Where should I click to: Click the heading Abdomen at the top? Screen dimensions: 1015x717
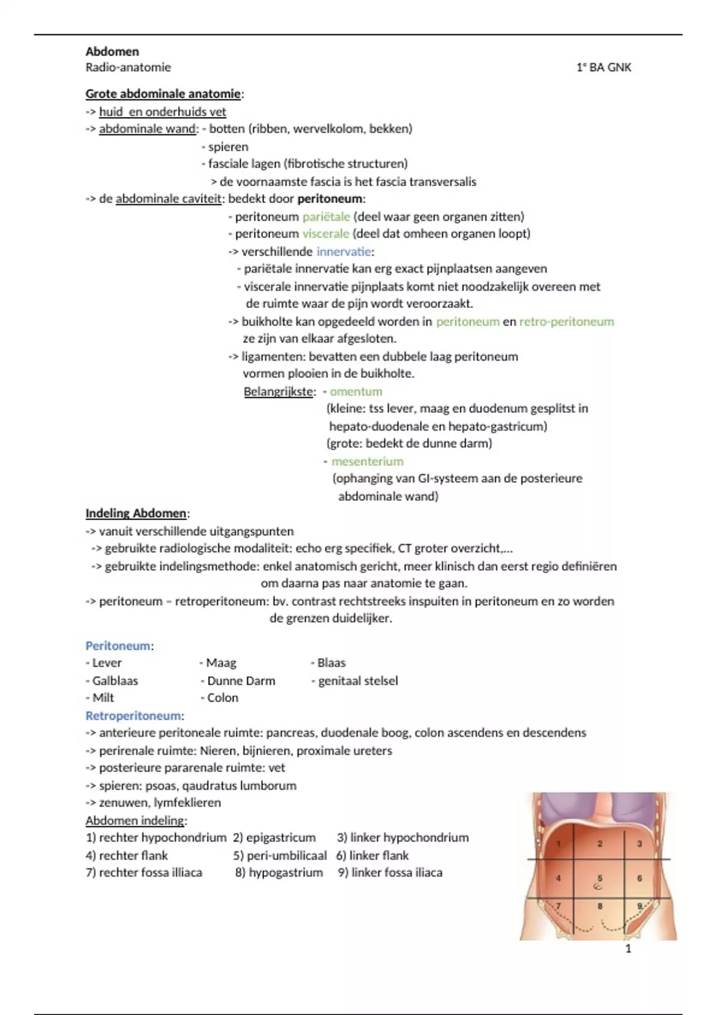tap(112, 51)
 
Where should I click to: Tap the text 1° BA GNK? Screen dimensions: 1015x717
tap(603, 67)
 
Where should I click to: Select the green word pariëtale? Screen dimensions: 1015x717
tap(326, 217)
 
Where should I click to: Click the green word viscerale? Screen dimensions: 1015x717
tap(326, 234)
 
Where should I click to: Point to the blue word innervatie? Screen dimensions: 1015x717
tap(344, 251)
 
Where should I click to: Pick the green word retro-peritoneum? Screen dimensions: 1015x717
tap(566, 322)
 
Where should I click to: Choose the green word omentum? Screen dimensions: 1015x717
tap(356, 392)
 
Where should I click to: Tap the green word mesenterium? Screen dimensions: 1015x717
tap(367, 462)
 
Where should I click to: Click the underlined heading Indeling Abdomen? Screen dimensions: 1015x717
tap(136, 513)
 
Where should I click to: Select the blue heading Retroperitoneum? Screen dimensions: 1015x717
tap(133, 716)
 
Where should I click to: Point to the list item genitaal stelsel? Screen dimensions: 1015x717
tap(357, 681)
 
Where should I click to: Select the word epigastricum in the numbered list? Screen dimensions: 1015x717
tap(281, 838)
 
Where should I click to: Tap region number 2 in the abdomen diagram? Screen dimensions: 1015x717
tap(600, 844)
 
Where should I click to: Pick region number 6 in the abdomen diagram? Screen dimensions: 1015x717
tap(639, 878)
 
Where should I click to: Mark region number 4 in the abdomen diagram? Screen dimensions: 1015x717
tap(559, 878)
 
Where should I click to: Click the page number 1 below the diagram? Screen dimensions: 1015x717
tap(628, 949)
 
